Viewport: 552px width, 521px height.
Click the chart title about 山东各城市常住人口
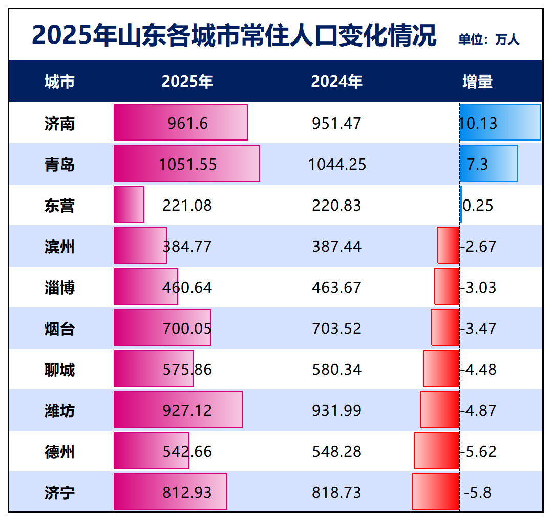tap(234, 35)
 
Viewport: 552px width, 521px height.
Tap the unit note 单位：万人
tap(489, 39)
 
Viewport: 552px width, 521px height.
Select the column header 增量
tap(477, 82)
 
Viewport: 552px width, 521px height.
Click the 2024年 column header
tap(336, 82)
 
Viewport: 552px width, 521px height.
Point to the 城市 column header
tap(59, 82)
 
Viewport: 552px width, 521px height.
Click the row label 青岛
tap(59, 165)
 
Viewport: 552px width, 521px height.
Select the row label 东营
tap(59, 206)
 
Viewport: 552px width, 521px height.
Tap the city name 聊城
tap(59, 370)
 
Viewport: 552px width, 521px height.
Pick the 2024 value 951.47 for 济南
tap(336, 124)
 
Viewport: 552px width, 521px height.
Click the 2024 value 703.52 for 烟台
tap(336, 329)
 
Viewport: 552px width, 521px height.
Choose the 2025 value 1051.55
tap(187, 165)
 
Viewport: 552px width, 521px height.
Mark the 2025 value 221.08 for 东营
tap(187, 206)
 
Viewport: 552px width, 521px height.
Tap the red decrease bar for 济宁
tap(435, 491)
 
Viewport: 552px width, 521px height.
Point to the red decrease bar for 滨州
tap(448, 245)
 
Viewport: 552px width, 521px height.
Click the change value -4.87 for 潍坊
tap(479, 411)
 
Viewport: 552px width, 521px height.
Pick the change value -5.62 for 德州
tap(479, 452)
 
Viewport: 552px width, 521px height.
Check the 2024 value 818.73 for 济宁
tap(336, 493)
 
